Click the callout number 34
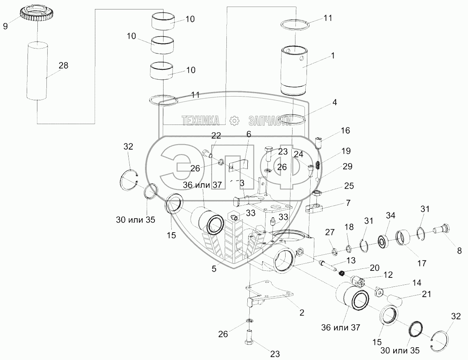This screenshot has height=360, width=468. pos(390,215)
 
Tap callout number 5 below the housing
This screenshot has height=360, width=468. pos(214,269)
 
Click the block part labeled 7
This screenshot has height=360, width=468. pos(316,207)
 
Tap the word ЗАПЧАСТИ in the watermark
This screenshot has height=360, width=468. pos(270,120)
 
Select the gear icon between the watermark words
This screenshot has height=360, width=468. pos(234,120)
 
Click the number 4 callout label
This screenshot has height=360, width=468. pos(335,103)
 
